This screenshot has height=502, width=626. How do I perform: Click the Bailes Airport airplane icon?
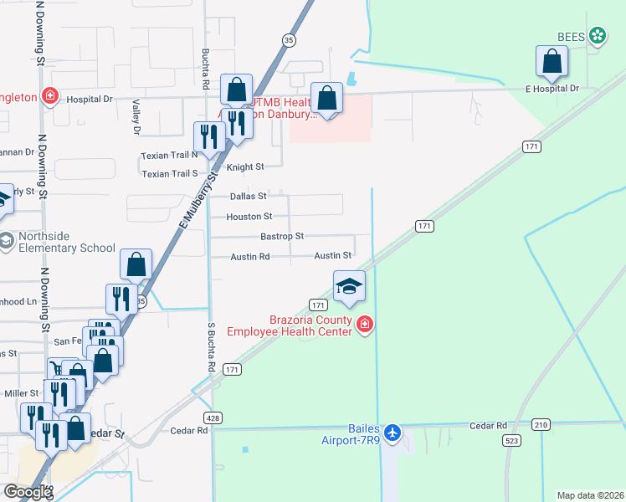393,433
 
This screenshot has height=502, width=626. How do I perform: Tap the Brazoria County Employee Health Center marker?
364,325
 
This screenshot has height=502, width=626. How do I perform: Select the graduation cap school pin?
349,287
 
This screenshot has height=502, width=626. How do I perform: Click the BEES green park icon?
598,35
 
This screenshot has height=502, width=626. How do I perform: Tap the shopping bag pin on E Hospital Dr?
552,61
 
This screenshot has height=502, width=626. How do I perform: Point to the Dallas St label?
248,197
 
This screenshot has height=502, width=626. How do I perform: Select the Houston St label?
249,217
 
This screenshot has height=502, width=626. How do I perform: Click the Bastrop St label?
282,237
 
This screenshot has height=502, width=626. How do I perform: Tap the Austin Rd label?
250,257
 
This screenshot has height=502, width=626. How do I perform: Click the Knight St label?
245,167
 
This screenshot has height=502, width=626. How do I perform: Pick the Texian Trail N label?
169,155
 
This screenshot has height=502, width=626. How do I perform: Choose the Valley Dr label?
135,116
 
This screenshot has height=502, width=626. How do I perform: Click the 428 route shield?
213,417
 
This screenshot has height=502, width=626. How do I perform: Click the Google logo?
27,492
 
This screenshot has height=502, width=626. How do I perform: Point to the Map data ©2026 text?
590,495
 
